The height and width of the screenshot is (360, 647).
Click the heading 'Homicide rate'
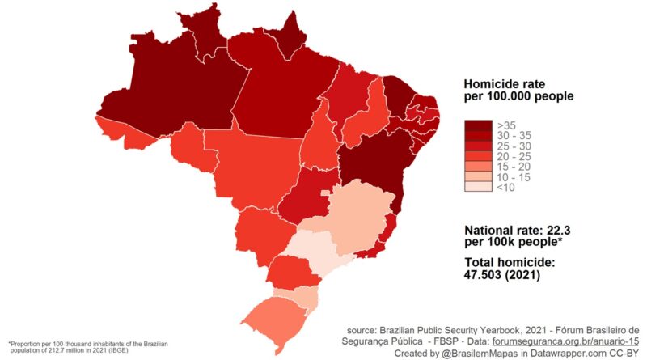click(x=505, y=84)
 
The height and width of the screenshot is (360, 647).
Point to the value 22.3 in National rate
click(x=561, y=230)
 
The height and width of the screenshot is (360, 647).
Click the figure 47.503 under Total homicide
click(x=489, y=275)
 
